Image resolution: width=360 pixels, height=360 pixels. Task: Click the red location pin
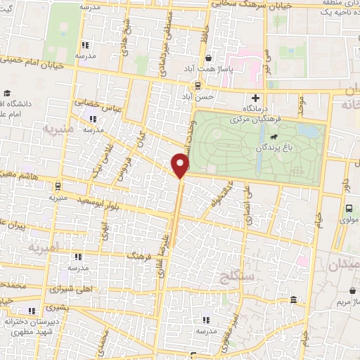(x=181, y=166)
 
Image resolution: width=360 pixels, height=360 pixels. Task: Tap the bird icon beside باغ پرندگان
(x=273, y=136)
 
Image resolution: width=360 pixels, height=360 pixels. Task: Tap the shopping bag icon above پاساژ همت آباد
(x=207, y=58)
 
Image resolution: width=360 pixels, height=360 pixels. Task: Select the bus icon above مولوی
(x=349, y=207)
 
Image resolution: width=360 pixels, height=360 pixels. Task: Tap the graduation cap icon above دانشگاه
(x=8, y=94)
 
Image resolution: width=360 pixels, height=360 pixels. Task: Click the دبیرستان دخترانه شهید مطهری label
(x=30, y=326)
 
